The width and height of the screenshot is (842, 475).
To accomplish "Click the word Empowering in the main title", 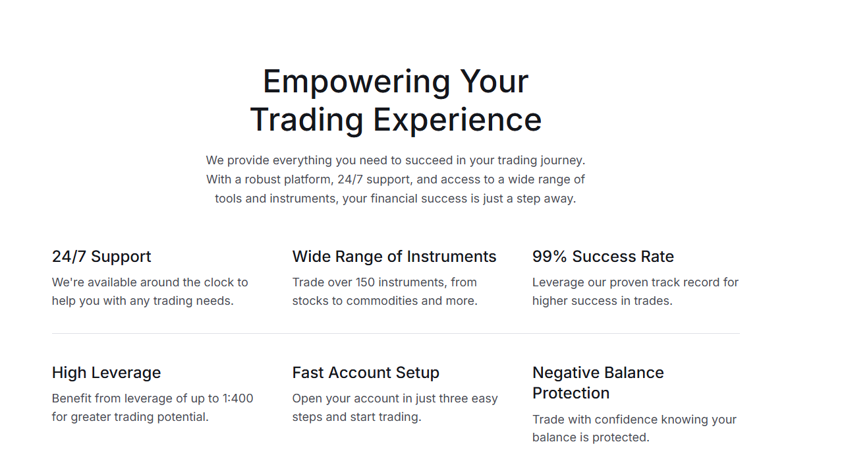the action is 356,82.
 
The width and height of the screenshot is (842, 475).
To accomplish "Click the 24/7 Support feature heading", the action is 101,257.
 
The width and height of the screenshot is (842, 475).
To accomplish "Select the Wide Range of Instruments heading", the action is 394,257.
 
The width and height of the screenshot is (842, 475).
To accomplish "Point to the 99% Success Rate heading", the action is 603,257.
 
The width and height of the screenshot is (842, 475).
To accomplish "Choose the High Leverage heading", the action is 106,373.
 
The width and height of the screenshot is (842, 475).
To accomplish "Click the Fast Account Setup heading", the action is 366,373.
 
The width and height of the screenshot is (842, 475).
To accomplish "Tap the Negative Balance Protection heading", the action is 598,383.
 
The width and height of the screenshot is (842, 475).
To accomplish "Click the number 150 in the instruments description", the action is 365,282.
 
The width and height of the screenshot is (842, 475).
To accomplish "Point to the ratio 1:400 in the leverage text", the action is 238,398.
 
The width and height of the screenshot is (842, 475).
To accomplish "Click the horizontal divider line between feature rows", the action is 396,333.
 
